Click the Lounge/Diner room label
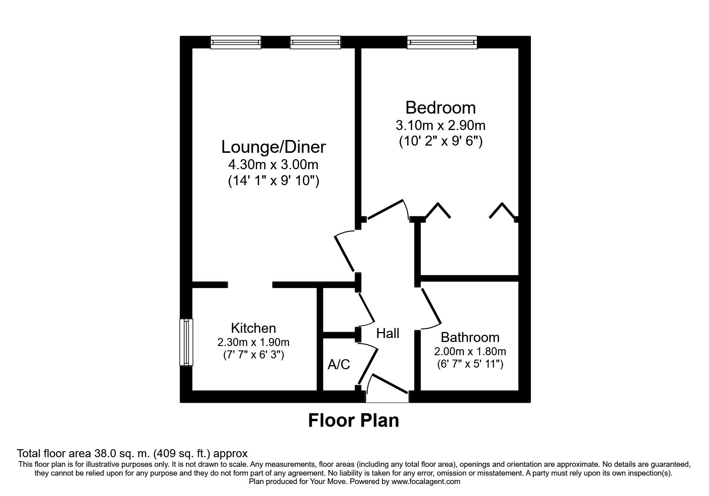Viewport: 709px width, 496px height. (273, 147)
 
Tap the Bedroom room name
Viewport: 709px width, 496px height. (440, 108)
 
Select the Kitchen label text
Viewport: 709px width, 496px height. (253, 328)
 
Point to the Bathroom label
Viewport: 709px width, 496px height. (470, 338)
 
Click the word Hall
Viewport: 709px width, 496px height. (388, 333)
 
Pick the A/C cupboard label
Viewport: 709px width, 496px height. (339, 364)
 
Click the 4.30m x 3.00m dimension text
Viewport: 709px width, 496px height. (273, 164)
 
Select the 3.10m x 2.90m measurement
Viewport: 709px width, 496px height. (440, 126)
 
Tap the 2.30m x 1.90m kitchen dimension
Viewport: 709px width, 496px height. (253, 342)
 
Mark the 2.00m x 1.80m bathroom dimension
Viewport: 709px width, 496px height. (470, 352)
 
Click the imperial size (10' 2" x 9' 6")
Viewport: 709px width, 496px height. (440, 142)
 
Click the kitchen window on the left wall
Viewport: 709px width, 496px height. (186, 342)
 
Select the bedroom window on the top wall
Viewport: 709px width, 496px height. (442, 42)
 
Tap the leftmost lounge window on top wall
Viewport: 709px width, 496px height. (236, 42)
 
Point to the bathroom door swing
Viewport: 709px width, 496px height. (431, 306)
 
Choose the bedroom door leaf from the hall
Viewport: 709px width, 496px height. (385, 209)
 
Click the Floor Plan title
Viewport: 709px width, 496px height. (353, 421)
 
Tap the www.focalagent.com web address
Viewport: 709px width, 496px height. (426, 482)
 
